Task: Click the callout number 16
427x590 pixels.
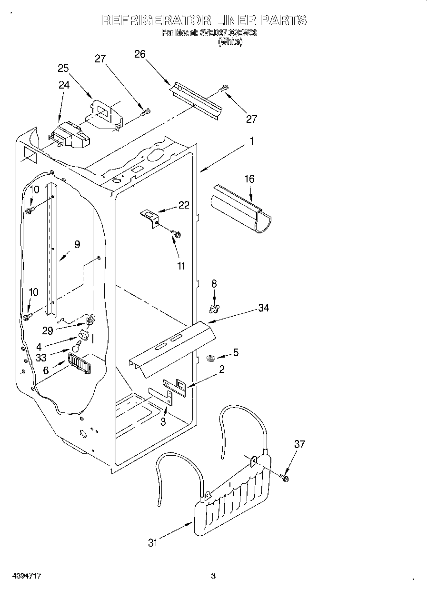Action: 249,179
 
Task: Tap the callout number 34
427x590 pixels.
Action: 263,308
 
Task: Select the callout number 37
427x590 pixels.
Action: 299,444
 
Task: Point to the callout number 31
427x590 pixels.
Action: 152,542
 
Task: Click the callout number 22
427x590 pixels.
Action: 184,205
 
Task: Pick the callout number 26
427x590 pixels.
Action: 139,54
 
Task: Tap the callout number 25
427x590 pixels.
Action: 63,68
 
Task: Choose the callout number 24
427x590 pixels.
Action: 63,85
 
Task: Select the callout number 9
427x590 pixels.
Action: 77,244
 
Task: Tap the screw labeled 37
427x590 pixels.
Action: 284,477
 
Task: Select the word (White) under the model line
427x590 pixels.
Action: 230,42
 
